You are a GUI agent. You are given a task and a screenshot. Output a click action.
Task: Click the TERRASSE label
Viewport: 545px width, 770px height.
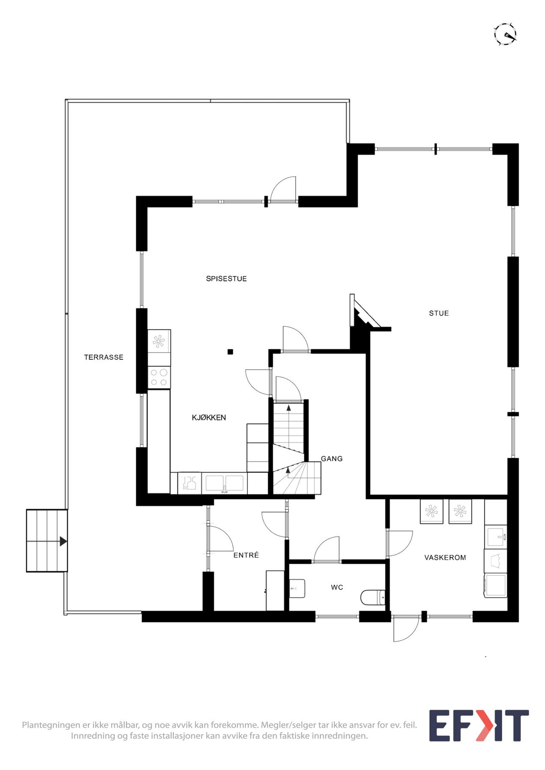click(x=104, y=357)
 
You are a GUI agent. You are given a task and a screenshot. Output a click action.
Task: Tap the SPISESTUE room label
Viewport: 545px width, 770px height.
click(x=226, y=278)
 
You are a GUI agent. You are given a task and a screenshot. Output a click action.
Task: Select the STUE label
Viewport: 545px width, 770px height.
click(x=439, y=313)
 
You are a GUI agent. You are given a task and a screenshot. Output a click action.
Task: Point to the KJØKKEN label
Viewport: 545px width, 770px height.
click(x=208, y=418)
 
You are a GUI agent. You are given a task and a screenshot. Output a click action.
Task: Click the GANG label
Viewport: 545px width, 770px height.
click(x=332, y=459)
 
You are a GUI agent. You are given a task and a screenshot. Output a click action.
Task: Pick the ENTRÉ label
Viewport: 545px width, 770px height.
click(x=246, y=555)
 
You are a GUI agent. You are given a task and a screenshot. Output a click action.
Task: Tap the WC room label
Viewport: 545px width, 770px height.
click(x=337, y=587)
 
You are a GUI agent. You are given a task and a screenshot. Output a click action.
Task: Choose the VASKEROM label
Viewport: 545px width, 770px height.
click(x=445, y=557)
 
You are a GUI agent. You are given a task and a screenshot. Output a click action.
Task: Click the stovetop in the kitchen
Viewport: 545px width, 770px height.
click(x=159, y=377)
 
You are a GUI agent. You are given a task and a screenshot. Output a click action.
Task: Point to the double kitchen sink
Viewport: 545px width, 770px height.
click(x=224, y=483)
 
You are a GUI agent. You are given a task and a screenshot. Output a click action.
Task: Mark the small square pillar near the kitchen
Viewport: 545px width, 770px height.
click(x=230, y=352)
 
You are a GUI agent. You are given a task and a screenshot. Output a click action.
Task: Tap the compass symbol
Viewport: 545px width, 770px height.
click(x=506, y=34)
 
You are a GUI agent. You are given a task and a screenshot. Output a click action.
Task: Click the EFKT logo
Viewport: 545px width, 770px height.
click(x=479, y=726)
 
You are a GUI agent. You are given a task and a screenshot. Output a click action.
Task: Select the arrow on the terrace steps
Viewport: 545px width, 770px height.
click(x=63, y=541)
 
